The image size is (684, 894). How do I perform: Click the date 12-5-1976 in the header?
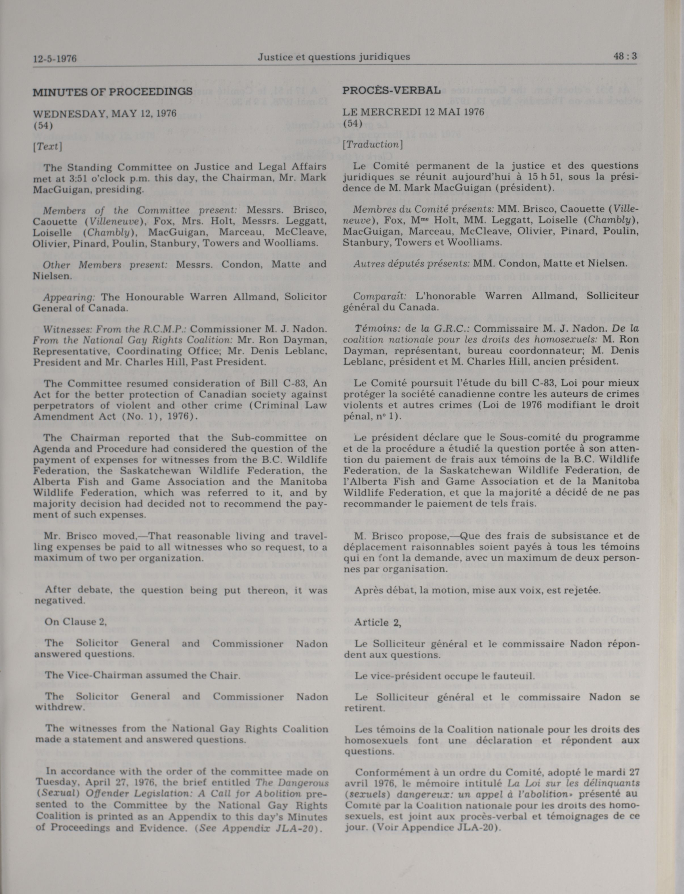tap(55, 59)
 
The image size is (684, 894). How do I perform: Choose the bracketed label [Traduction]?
tap(372, 144)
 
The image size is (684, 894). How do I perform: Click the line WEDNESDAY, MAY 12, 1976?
tap(105, 113)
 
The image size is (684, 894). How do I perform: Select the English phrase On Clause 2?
tap(76, 622)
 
